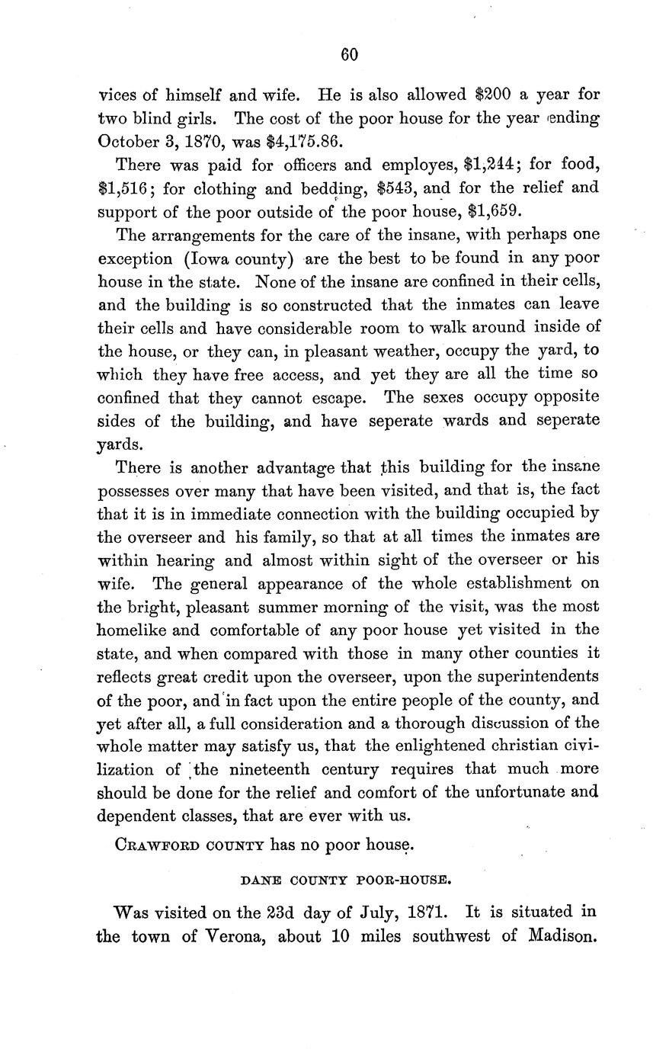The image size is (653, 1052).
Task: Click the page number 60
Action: click(x=349, y=54)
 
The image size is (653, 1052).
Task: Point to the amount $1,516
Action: click(x=126, y=188)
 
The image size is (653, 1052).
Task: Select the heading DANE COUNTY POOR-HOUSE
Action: click(x=347, y=880)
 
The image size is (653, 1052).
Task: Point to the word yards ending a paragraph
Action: click(x=120, y=444)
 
